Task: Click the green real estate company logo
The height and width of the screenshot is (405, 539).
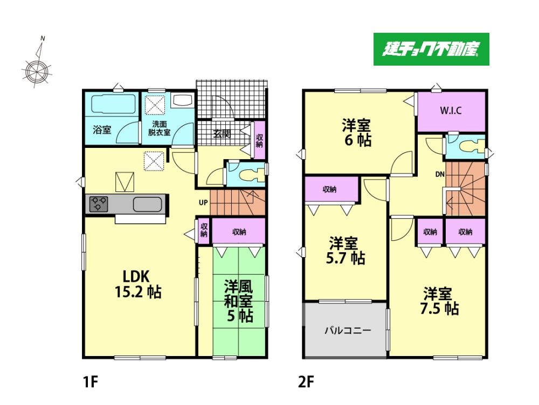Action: coord(431,49)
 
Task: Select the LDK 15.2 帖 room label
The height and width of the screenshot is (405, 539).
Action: coord(137,283)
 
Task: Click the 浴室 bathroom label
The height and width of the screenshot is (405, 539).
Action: coord(102,130)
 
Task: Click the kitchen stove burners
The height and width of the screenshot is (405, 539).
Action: coord(99,204)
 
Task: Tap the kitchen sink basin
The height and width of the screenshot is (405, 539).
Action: coord(148,204)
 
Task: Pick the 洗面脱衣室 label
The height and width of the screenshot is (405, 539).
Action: coord(159,128)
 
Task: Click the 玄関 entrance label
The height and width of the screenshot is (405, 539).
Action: coord(222,134)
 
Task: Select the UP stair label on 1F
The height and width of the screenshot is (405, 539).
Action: coord(203,203)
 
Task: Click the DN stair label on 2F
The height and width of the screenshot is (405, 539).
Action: coord(440,174)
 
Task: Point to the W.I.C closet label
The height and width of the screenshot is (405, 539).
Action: coord(451,111)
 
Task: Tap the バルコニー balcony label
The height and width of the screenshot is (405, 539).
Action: coord(348,331)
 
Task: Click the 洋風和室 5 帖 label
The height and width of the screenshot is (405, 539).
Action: coord(239,301)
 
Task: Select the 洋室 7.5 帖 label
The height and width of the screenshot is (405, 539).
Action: coord(439,301)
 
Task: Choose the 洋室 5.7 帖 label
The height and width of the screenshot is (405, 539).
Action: coord(345,251)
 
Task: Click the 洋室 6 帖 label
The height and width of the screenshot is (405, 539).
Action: coord(356,133)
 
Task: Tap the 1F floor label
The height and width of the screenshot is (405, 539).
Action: coord(91,381)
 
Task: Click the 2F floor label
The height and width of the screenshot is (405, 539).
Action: coord(306,381)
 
